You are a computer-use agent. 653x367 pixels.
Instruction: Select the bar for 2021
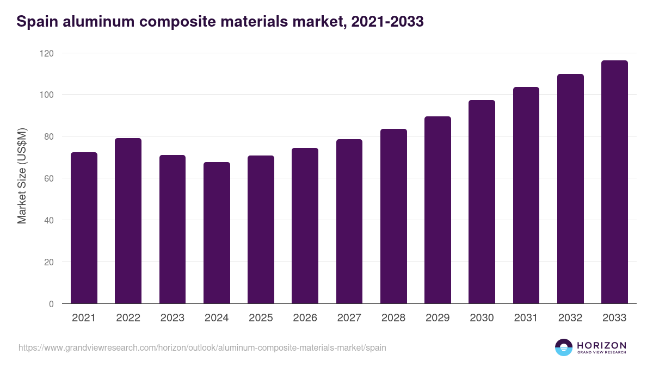(x=84, y=228)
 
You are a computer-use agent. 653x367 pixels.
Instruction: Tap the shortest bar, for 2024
(x=217, y=233)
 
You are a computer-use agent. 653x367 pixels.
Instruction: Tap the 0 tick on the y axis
(x=51, y=304)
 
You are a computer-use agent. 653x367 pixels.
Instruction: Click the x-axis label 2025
(x=261, y=318)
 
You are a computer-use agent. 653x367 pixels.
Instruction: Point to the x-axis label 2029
(x=438, y=318)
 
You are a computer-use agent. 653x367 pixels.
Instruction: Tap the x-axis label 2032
(x=570, y=318)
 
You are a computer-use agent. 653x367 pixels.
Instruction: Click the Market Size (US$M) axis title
(x=22, y=176)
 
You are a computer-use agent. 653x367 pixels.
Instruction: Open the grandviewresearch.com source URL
(x=202, y=347)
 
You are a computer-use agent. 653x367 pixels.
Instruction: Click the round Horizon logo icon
(x=564, y=347)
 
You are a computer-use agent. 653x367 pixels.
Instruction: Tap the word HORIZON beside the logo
(x=601, y=345)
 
